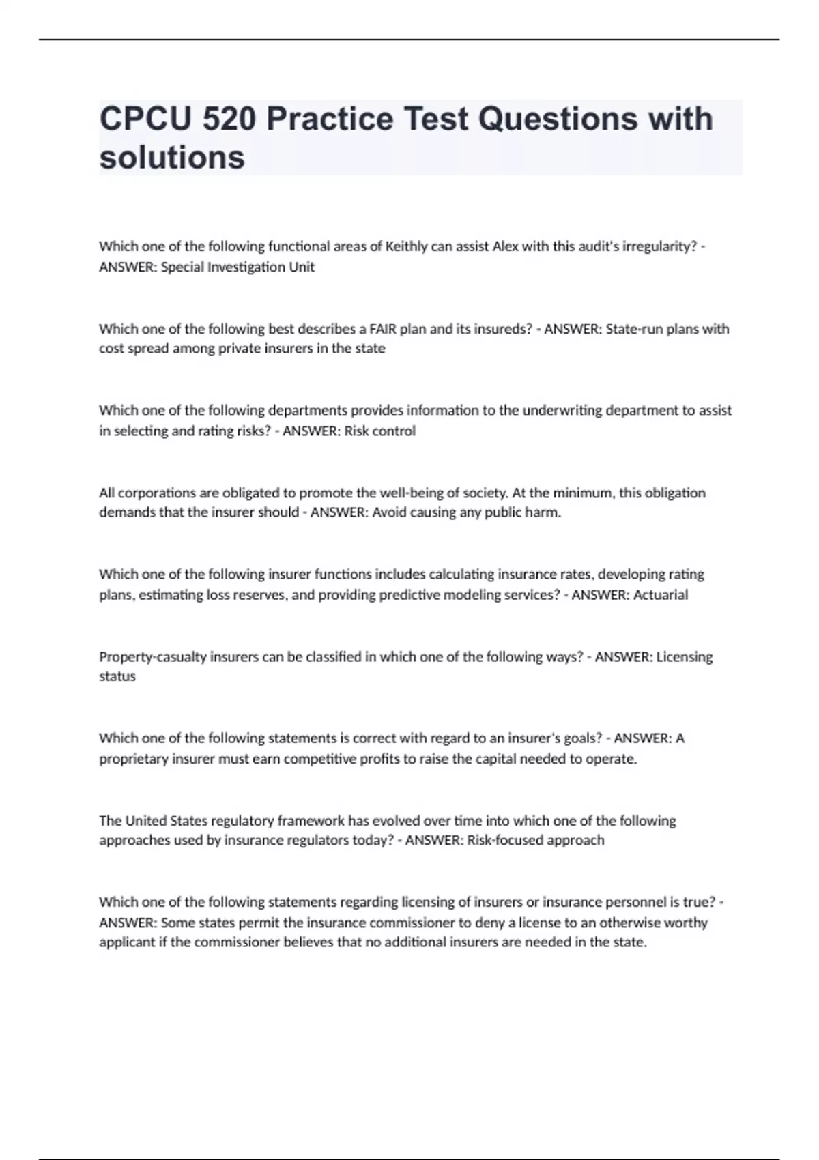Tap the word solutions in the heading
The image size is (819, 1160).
[x=172, y=158]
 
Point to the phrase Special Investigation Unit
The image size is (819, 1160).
[x=238, y=267]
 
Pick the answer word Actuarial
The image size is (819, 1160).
[x=660, y=594]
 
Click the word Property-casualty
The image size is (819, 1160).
[x=153, y=656]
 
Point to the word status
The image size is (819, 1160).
[x=117, y=676]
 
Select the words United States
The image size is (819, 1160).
[x=167, y=820]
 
